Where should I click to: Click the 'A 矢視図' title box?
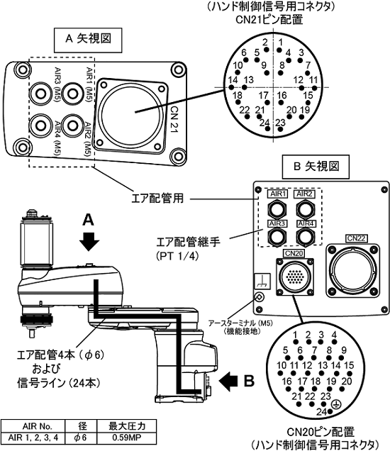point(88,40)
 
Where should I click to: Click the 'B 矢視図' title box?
point(316,167)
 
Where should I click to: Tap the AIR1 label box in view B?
point(277,194)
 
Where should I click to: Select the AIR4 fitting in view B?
point(306,236)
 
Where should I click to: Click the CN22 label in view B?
point(356,238)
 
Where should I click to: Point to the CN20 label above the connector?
point(294,253)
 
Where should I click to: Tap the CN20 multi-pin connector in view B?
point(294,277)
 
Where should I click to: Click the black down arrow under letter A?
point(89,242)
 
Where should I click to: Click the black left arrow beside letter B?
point(228,382)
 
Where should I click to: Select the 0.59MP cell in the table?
point(127,438)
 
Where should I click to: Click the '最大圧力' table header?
point(127,426)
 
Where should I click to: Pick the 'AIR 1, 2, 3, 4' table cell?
point(33,438)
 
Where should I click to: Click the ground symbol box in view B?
point(262,281)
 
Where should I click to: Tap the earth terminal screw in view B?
point(259,297)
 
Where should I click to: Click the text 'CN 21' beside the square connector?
point(174,119)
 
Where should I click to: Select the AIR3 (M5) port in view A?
point(41,93)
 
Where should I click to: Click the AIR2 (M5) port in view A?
point(72,125)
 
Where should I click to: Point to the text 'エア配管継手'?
point(188,242)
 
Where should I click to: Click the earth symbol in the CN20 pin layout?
point(336,404)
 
